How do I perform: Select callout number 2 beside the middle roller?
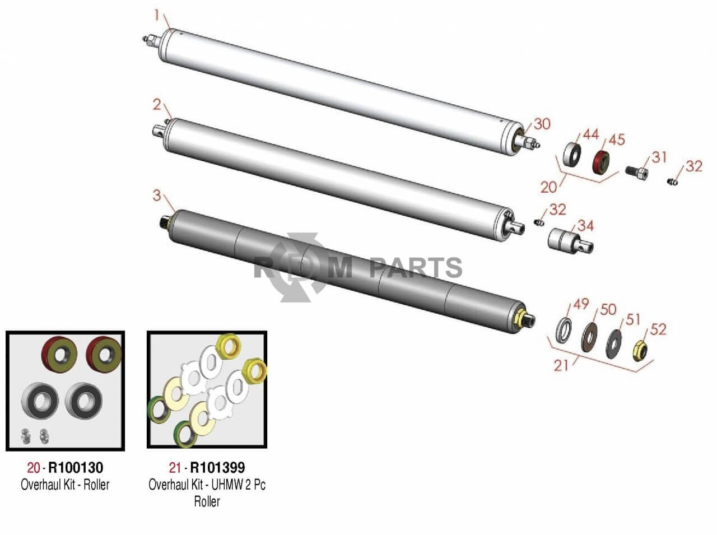(157, 105)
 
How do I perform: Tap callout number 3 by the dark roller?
(157, 196)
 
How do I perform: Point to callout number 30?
(542, 124)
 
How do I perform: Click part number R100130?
(76, 467)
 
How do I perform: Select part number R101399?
(217, 467)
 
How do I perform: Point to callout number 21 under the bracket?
(561, 365)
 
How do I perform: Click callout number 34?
(585, 226)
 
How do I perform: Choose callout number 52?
(659, 329)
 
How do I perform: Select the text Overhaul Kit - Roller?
(65, 485)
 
